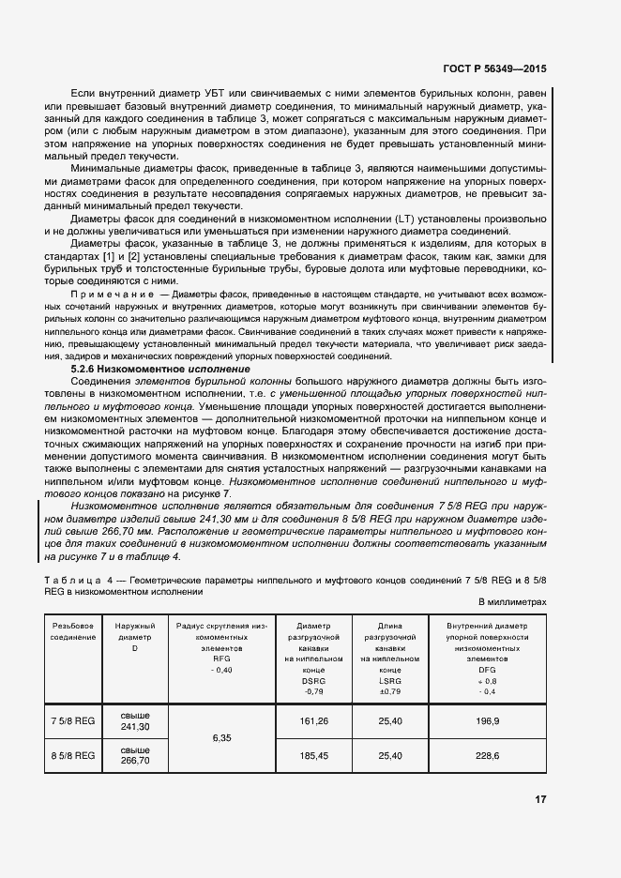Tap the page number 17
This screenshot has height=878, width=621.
[540, 799]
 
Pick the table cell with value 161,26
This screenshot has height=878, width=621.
[311, 721]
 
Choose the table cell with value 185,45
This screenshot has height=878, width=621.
[311, 755]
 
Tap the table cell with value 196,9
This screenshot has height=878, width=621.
[487, 721]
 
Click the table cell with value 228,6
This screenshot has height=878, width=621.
[487, 755]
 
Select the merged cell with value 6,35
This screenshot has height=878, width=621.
[222, 738]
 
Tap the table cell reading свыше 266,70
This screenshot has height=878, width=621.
[134, 755]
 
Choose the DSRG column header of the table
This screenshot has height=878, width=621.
[312, 657]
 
